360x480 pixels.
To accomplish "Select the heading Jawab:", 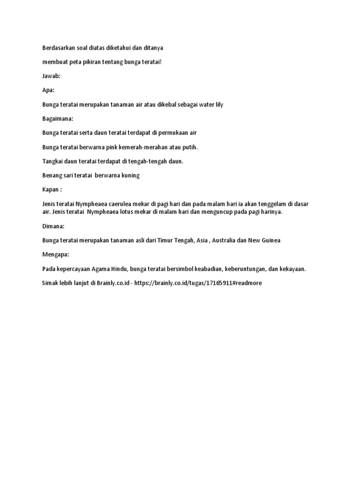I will click(x=51, y=76).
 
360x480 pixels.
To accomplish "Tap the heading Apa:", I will click(x=49, y=90).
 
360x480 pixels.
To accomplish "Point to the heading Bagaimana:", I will click(x=58, y=119).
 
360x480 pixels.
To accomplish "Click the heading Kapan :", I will click(x=52, y=190).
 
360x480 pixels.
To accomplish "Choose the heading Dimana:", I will click(x=53, y=226).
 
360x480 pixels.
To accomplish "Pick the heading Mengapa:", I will click(x=55, y=255).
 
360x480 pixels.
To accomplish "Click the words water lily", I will click(x=211, y=105).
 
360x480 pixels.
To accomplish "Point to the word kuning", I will click(x=129, y=176).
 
